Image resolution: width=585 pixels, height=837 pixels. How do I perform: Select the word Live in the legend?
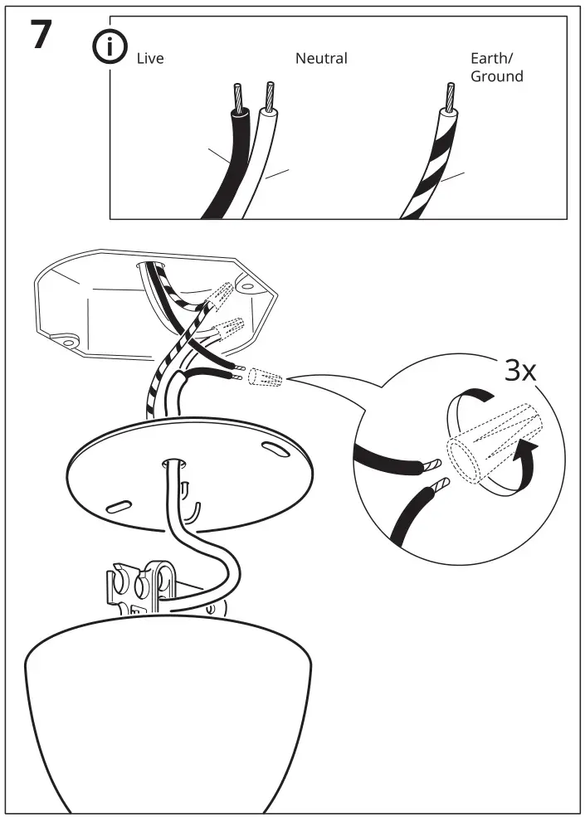(150, 59)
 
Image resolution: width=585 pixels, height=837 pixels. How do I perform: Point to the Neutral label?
(321, 59)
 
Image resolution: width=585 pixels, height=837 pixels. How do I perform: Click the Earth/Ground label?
(496, 67)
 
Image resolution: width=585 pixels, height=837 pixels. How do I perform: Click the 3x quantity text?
(520, 370)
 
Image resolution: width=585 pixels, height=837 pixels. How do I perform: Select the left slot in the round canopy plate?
(118, 504)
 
